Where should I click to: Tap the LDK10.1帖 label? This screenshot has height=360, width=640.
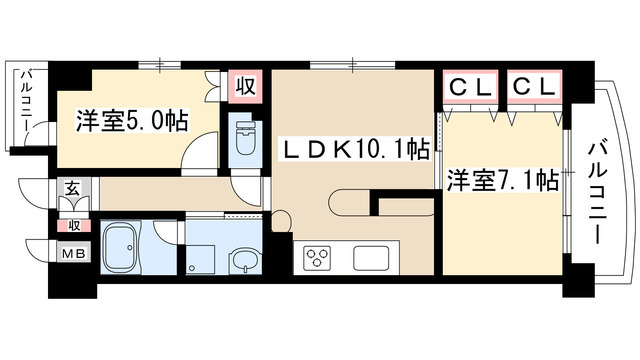tap(355, 151)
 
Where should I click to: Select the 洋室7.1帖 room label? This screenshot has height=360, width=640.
tap(502, 181)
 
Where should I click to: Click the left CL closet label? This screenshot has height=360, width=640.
tap(470, 87)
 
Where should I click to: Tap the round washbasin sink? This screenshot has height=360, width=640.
tap(243, 262)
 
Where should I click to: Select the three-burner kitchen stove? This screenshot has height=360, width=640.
tap(318, 259)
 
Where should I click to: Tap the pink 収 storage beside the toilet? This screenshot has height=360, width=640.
tap(245, 86)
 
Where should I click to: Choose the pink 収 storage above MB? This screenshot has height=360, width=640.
tap(74, 225)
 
